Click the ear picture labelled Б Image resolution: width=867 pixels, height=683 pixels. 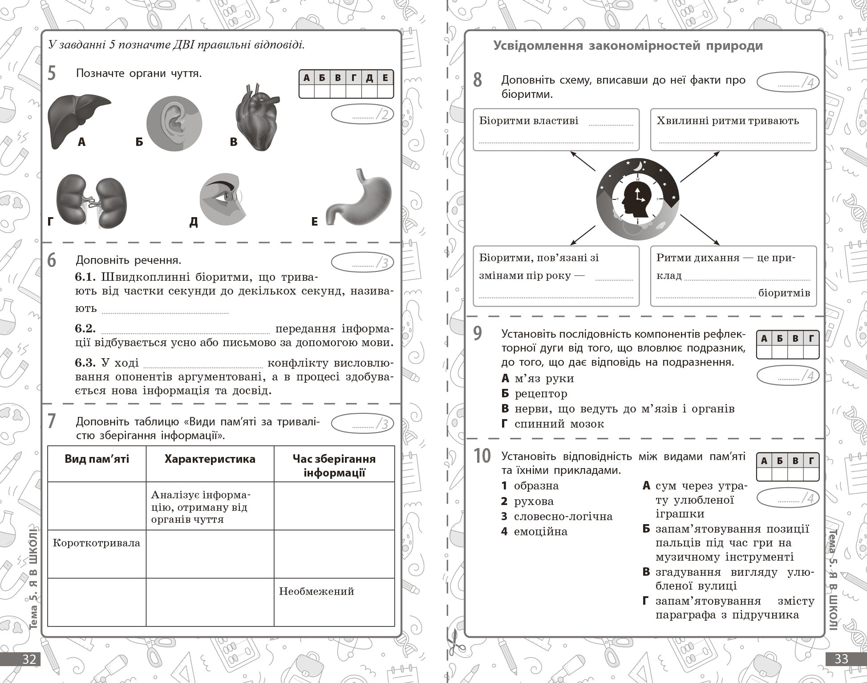pos(174,123)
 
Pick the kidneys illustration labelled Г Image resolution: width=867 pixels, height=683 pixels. pos(92,201)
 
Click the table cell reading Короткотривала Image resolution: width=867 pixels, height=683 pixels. pos(97,543)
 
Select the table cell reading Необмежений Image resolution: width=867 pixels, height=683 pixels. pos(316,591)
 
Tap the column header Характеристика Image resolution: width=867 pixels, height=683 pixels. pos(210,459)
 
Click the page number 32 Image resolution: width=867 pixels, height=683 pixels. pos(29,659)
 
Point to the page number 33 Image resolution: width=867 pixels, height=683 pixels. pos(841,659)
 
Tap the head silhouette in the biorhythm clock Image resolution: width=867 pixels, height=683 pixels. pos(637,198)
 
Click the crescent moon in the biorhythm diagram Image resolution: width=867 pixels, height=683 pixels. pos(638,166)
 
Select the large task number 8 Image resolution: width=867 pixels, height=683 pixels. pos(478,80)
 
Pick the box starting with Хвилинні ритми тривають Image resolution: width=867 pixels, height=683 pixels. pos(733,129)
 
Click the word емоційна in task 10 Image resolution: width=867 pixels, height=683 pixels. pos(540,532)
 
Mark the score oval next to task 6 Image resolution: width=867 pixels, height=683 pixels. pos(362,263)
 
